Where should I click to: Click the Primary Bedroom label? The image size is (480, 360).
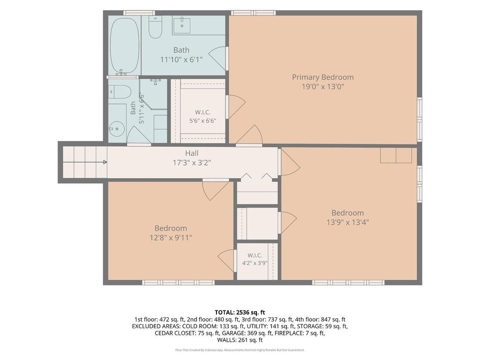pos(322,77)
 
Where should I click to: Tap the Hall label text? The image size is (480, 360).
pos(192,153)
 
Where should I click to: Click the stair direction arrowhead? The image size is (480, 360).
pos(105,162)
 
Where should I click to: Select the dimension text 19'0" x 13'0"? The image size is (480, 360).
pos(323,87)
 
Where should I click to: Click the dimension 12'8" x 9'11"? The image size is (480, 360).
pos(171,238)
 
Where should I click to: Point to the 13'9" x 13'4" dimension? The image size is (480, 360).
pos(347,222)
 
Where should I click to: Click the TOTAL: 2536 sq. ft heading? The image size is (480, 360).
pos(240,313)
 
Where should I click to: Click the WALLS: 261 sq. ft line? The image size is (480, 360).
pos(240,340)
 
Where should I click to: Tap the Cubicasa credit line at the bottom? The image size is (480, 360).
pos(240,350)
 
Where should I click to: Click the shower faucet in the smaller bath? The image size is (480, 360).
pos(156,81)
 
